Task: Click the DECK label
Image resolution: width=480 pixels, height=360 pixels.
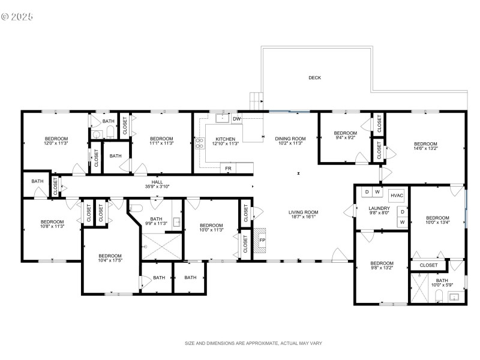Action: point(314,77)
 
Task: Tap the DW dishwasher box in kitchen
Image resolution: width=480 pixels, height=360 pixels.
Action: point(236,119)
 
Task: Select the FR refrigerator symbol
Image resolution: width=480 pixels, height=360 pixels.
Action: point(228,169)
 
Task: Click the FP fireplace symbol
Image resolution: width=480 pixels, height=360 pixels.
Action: point(262,240)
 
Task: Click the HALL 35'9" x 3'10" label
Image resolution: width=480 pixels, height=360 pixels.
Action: point(157,184)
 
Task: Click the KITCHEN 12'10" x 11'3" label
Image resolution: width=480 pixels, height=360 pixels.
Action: point(226,141)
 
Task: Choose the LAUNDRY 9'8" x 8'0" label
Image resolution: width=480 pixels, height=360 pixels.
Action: point(379,211)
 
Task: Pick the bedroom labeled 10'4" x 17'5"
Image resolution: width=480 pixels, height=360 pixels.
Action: point(110,258)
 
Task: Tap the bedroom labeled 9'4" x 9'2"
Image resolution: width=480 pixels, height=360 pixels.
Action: point(345,136)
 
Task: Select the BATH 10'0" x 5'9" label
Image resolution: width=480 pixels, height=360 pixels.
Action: point(442,283)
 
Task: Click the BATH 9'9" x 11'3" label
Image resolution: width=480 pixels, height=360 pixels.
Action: point(156,221)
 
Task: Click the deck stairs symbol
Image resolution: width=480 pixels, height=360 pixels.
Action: point(256,100)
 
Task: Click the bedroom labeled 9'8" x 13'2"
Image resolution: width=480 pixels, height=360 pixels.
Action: point(382,266)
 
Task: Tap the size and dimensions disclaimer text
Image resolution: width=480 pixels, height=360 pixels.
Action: point(253,343)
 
